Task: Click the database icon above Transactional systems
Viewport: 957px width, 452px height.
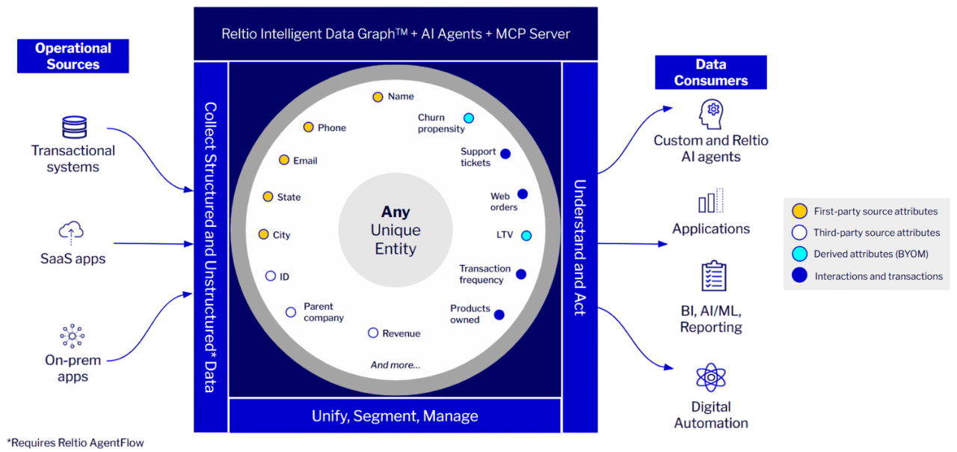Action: [74, 127]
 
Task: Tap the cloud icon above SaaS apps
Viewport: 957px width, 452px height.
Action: [71, 233]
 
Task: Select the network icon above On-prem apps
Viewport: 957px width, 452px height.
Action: [73, 336]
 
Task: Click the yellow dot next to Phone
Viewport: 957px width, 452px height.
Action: [309, 127]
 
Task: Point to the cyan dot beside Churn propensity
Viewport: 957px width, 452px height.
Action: [469, 118]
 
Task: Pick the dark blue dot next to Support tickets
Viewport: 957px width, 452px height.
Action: [505, 154]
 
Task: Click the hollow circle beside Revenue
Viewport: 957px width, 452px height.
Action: [373, 333]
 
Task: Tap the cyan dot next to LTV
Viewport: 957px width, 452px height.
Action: [526, 236]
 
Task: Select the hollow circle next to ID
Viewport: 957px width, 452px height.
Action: [271, 276]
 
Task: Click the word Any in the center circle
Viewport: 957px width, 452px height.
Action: [396, 212]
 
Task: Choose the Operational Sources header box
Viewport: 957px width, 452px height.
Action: [73, 56]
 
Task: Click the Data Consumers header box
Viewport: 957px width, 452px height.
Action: [711, 73]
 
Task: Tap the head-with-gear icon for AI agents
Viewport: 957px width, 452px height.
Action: [711, 114]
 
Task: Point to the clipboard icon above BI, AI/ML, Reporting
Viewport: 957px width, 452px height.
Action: [713, 276]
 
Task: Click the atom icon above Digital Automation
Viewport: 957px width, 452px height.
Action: [711, 378]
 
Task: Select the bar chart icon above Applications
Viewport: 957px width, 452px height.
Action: [711, 201]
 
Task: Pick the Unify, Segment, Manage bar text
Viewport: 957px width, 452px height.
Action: [395, 415]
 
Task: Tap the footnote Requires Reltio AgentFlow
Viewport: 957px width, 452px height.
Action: [76, 442]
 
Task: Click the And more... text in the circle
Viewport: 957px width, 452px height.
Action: [396, 364]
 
